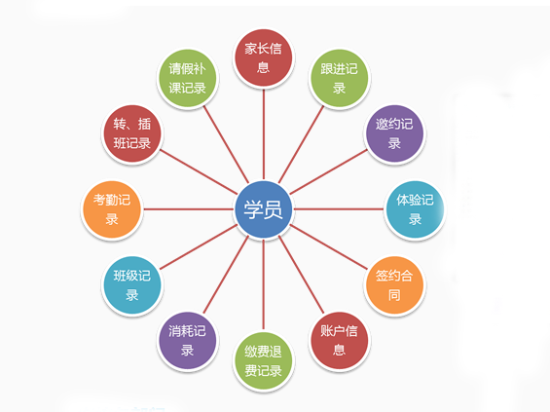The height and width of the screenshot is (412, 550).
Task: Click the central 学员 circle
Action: tap(264, 209)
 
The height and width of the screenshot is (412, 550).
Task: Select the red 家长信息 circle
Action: tap(264, 57)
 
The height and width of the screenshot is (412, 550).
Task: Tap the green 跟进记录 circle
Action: tap(339, 78)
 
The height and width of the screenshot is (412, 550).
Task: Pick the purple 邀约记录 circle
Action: tap(394, 133)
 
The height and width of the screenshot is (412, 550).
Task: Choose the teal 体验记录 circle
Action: tap(415, 209)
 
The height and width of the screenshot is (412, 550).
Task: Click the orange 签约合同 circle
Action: tap(394, 285)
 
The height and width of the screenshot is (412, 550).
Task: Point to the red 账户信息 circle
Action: tap(339, 341)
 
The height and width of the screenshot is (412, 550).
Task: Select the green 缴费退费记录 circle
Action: tap(264, 361)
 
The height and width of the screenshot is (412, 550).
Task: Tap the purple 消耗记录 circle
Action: tap(187, 341)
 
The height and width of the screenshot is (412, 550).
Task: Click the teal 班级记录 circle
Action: tap(131, 285)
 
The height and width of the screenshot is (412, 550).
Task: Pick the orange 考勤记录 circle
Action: tap(112, 209)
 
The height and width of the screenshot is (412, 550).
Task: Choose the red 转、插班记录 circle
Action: tap(131, 133)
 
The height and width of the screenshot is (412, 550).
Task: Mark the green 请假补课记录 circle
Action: tap(187, 78)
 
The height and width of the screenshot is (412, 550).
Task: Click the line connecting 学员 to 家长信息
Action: tap(264, 134)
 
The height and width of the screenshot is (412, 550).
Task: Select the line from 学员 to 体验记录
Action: tap(339, 209)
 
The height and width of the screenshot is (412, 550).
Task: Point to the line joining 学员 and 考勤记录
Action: tap(188, 209)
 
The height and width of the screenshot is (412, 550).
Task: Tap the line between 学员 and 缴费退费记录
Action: tap(264, 285)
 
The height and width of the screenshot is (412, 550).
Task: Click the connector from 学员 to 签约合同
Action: tap(329, 247)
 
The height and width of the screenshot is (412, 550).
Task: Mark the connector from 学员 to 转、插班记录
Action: tap(199, 171)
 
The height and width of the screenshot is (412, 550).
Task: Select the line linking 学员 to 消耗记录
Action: tap(226, 275)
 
